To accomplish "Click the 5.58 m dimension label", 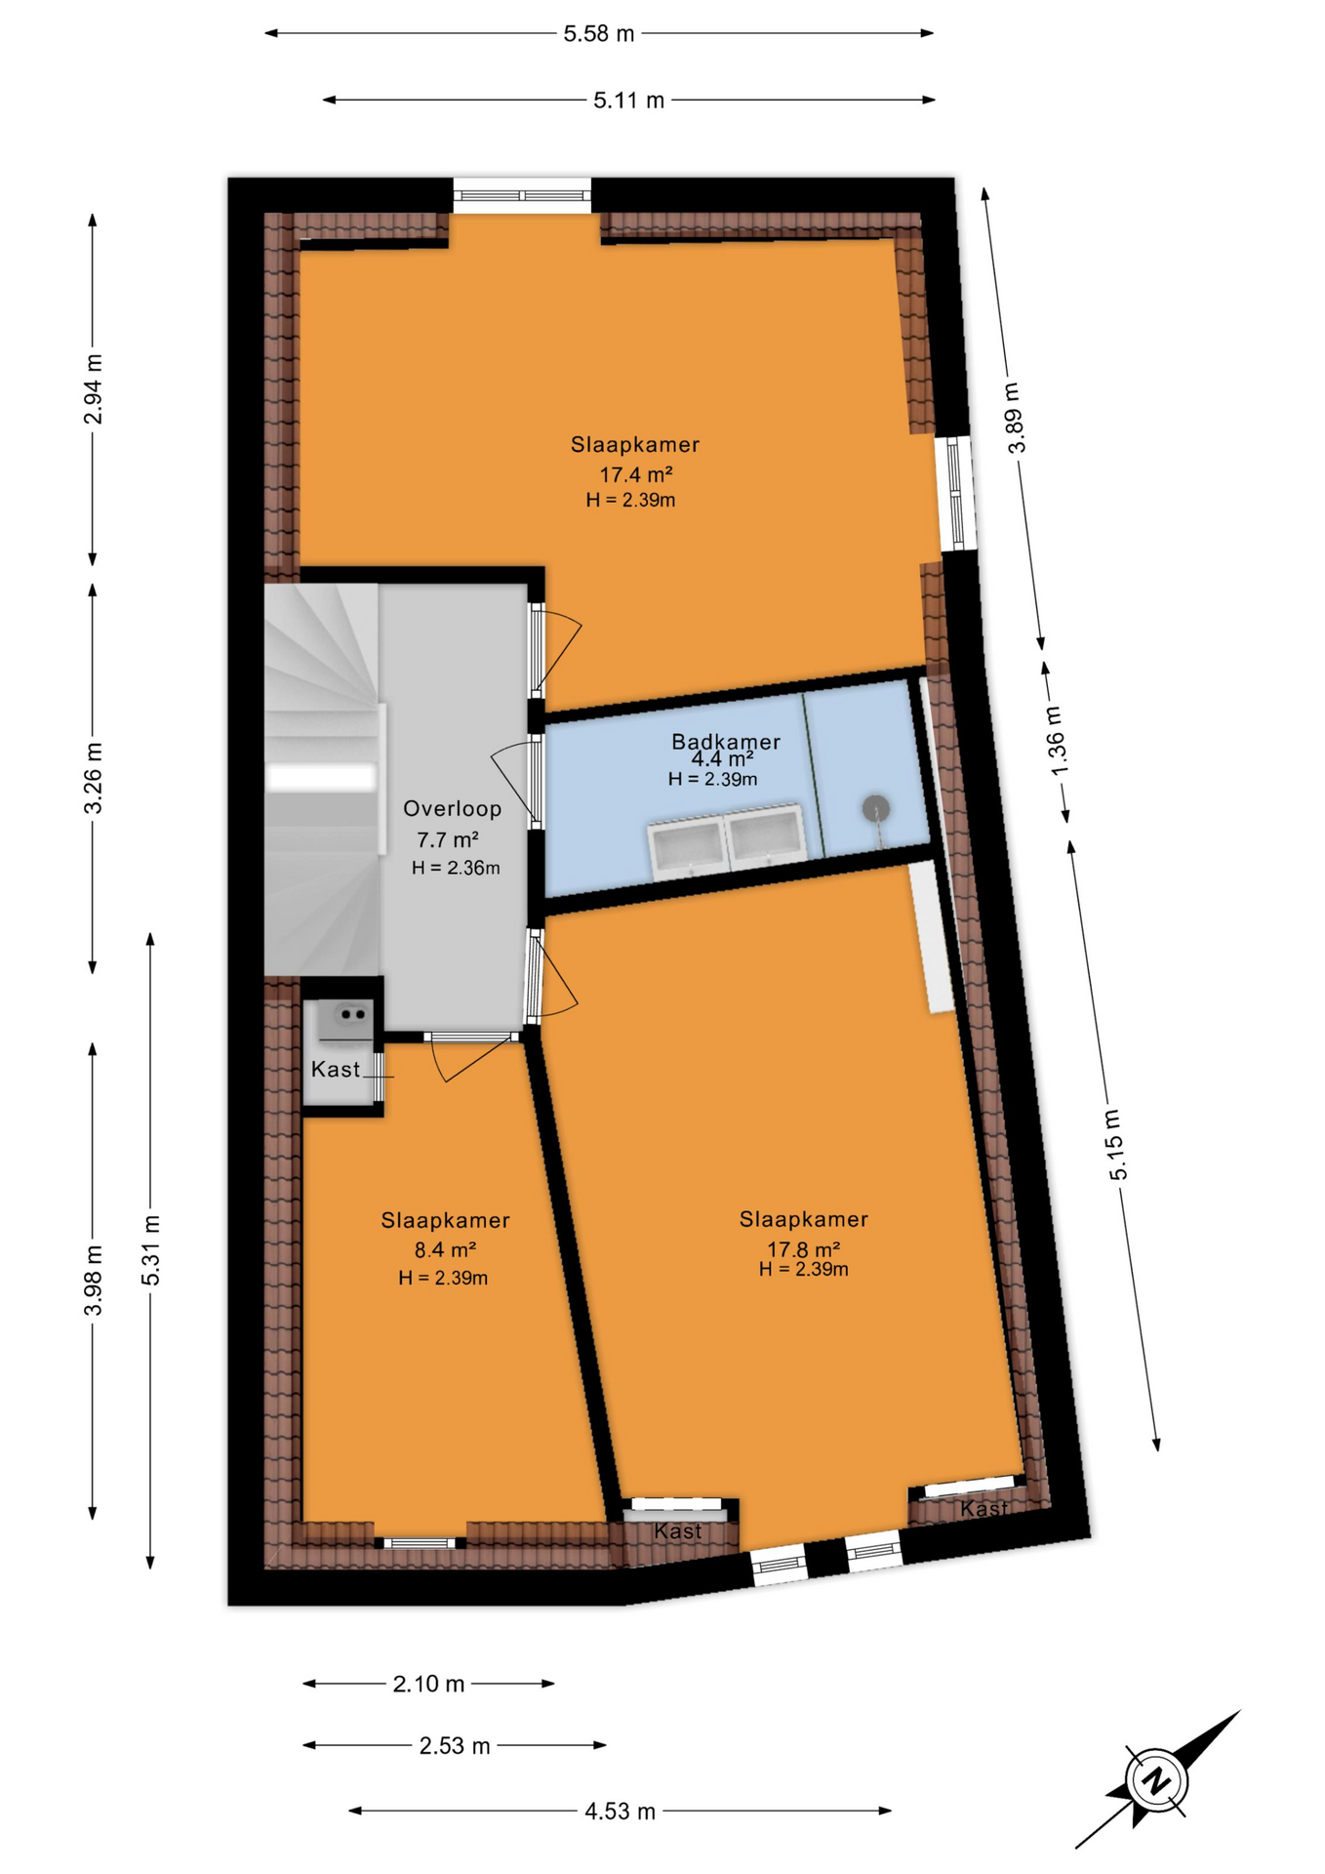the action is point(598,34).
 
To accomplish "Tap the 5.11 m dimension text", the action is point(628,101).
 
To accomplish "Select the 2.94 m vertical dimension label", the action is point(94,389).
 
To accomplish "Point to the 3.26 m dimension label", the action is point(94,778).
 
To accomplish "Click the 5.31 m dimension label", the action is point(151,1250).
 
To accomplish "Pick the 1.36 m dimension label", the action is point(1058,741).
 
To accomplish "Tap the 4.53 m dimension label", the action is point(620,1812).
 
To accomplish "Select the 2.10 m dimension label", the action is point(428,1684).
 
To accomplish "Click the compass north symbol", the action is point(1157,1778).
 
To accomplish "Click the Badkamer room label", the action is point(725,742).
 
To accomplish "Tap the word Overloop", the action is point(452,808).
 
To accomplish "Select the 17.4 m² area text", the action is point(635,475).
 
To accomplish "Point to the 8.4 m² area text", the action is point(445,1249).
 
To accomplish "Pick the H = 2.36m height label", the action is point(456,868).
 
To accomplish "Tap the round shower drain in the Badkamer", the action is point(875,809).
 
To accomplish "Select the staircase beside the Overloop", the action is point(321,779).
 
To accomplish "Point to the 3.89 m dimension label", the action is point(1015,418).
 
